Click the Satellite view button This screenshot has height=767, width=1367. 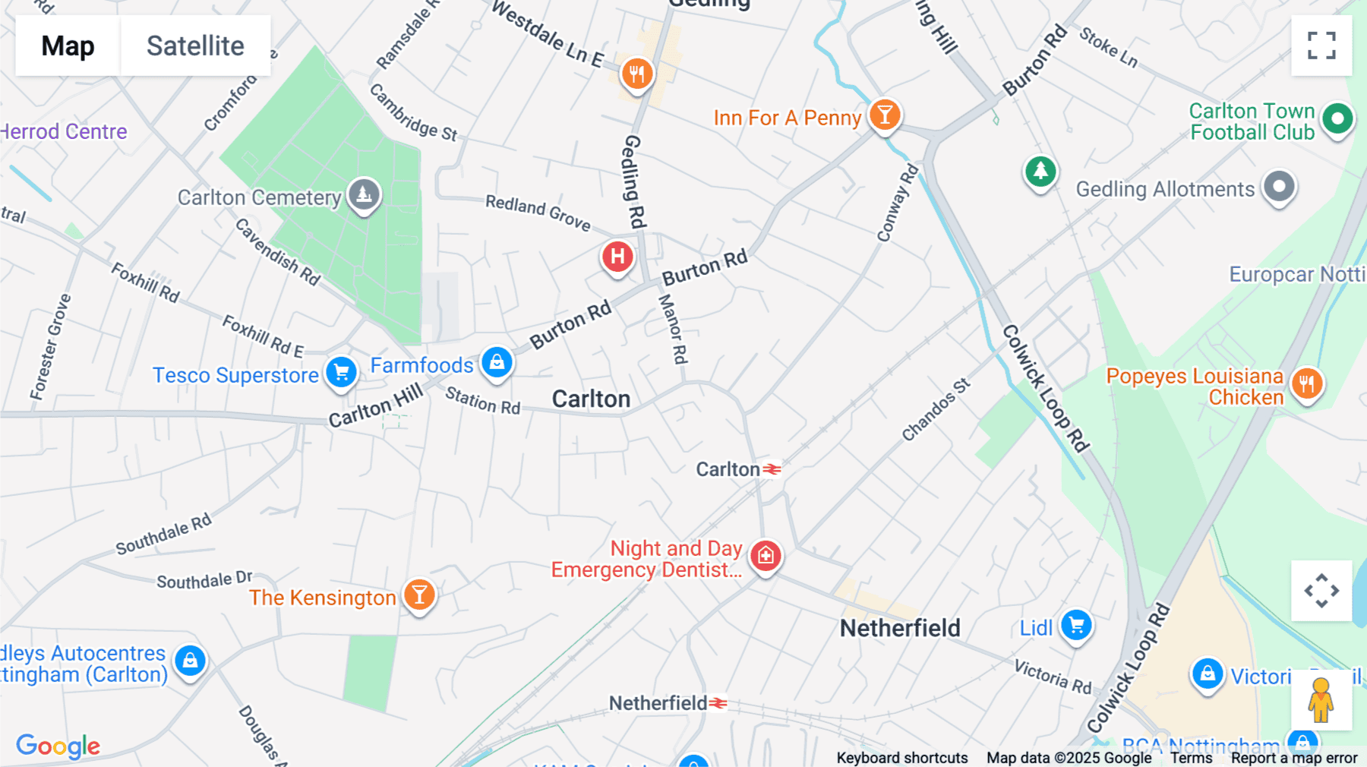click(195, 46)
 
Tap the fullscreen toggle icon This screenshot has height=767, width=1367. click(1321, 46)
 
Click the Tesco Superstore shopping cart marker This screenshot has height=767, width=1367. click(342, 372)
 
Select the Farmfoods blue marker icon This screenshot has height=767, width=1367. click(497, 361)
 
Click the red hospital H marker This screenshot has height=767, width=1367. click(617, 257)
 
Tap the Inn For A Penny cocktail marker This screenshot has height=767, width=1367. click(885, 115)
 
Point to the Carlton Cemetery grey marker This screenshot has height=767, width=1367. click(364, 194)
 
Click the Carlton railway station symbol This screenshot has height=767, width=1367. click(772, 470)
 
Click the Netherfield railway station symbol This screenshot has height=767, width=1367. click(718, 704)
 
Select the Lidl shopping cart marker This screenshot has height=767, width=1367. click(1076, 625)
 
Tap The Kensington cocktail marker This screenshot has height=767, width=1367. click(419, 595)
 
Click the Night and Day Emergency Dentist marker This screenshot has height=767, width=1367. click(766, 556)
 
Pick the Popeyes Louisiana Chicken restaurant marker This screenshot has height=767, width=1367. click(1307, 383)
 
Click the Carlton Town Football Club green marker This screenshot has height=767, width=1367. click(1337, 118)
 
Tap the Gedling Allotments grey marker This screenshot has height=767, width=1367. click(1279, 186)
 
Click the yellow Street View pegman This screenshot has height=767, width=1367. click(1321, 699)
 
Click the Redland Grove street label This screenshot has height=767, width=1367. click(538, 212)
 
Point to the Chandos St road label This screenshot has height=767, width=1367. click(936, 409)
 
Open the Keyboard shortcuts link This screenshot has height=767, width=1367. click(901, 757)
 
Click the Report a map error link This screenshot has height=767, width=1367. click(1294, 757)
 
